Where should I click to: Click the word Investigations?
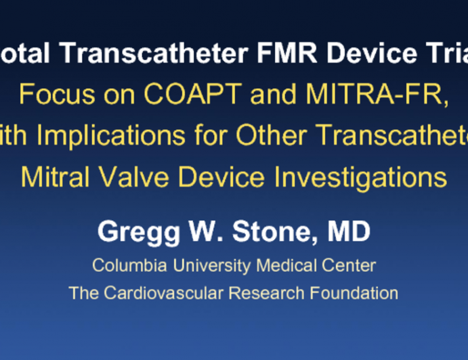tap(357, 177)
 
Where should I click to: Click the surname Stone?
tap(276, 232)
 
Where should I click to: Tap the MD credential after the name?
tap(349, 232)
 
